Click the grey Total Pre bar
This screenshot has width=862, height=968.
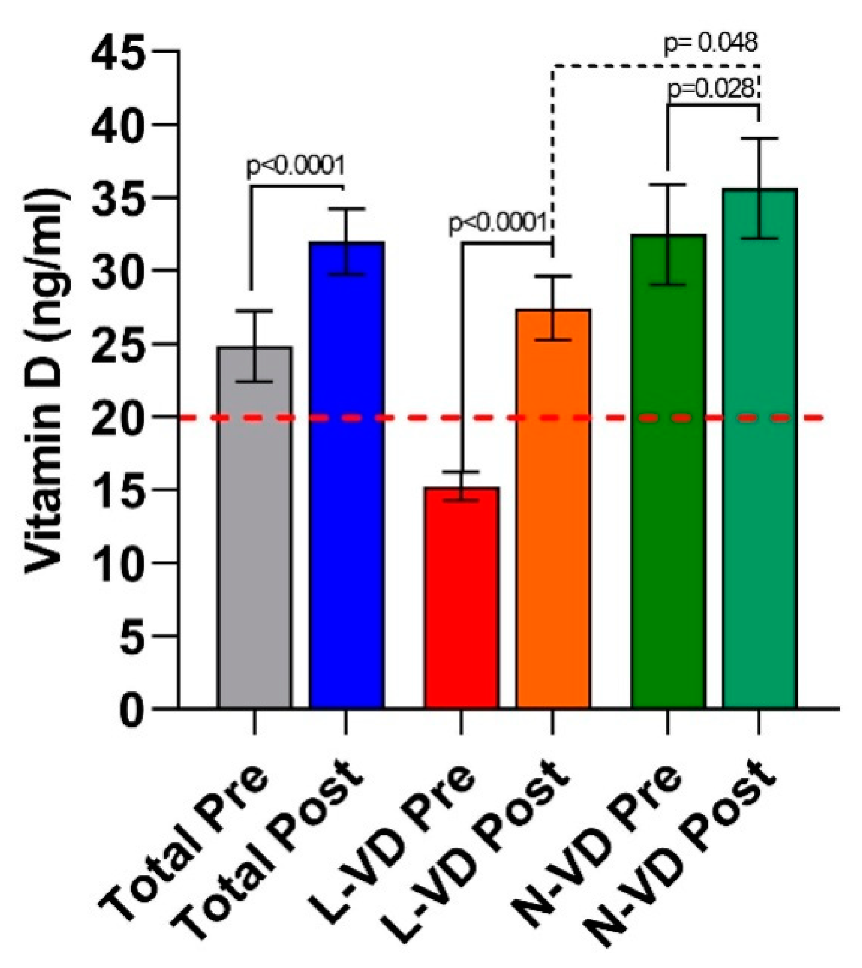[x=254, y=527]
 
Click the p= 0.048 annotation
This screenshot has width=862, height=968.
[x=711, y=43]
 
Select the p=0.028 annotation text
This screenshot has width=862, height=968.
[x=711, y=89]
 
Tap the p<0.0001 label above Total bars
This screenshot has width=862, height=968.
[x=296, y=166]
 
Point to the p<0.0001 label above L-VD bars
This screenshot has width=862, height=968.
[x=498, y=223]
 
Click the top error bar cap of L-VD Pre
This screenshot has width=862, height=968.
[x=461, y=472]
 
